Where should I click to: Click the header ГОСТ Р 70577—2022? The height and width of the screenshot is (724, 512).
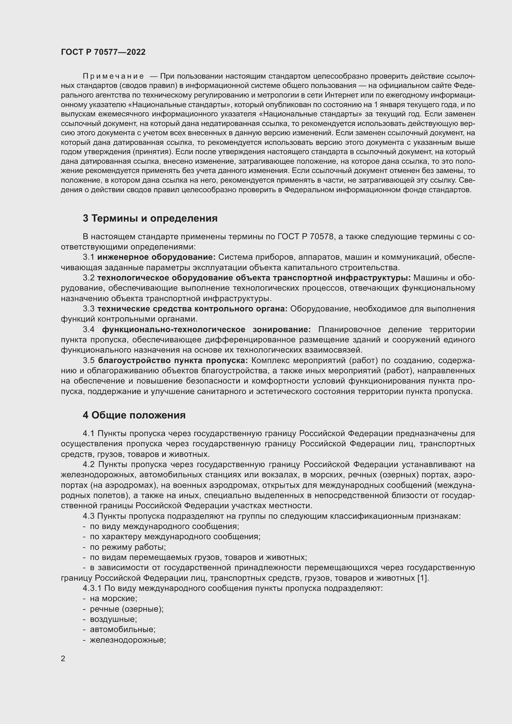[x=103, y=52]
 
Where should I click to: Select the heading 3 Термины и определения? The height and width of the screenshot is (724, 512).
[x=150, y=218]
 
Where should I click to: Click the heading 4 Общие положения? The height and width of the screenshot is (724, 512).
[x=134, y=415]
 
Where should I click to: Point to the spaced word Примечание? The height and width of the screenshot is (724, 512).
[x=113, y=76]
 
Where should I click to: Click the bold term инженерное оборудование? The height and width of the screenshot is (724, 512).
[x=156, y=257]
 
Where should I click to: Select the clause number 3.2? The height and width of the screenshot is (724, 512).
[x=89, y=278]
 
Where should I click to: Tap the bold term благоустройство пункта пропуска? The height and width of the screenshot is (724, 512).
[x=173, y=360]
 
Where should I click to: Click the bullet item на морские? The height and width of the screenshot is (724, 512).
[x=113, y=599]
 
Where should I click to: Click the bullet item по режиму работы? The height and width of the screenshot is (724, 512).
[x=128, y=547]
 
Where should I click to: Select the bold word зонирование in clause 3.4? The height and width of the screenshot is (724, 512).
[x=281, y=330]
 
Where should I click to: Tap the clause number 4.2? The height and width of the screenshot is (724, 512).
[x=89, y=465]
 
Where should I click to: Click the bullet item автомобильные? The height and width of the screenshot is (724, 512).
[x=123, y=629]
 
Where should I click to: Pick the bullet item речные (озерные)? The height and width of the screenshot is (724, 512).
[x=126, y=609]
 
